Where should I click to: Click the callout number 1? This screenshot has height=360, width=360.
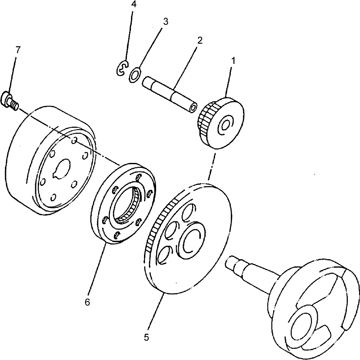click(x=233, y=61)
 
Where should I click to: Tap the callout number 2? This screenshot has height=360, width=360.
click(x=200, y=40)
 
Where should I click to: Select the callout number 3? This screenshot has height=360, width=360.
click(x=166, y=21)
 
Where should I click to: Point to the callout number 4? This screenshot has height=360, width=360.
click(x=134, y=4)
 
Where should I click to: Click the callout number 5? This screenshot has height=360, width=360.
click(x=147, y=337)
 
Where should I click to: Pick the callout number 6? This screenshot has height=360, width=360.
click(x=87, y=302)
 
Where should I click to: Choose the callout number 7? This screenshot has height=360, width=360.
click(x=18, y=49)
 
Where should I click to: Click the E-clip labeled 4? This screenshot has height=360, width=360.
click(x=122, y=67)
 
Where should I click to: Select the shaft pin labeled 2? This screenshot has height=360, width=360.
click(x=170, y=94)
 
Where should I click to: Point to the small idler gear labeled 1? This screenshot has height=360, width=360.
click(x=221, y=123)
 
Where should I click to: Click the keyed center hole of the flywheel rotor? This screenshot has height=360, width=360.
click(x=61, y=169)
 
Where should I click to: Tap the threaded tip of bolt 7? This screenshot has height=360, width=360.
click(x=15, y=106)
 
